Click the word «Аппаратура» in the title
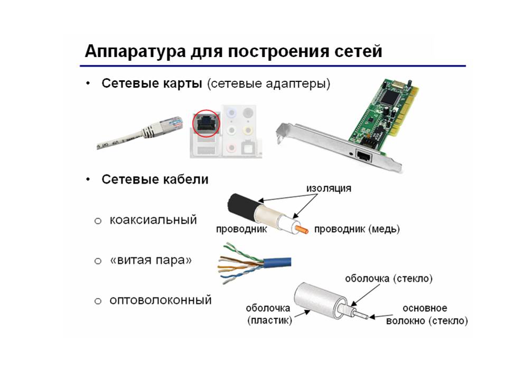135,52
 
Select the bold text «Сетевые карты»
152,83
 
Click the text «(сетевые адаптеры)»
269,84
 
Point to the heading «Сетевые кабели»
155,179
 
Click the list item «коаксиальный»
153,220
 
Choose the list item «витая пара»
151,260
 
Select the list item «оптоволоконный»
161,300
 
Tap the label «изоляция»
328,188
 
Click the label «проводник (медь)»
357,229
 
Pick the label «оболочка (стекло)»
389,279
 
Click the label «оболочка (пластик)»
268,314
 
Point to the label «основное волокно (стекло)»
427,315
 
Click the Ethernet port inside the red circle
205,123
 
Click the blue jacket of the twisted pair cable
277,262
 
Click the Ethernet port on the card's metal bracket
363,156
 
